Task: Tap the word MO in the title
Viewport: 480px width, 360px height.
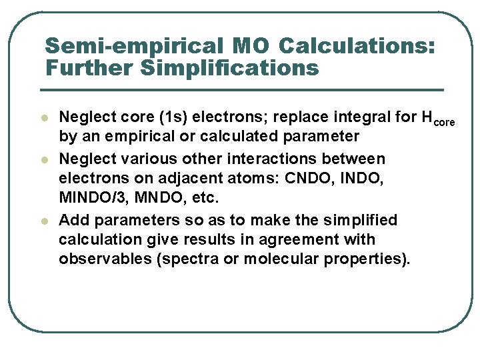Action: coord(251,47)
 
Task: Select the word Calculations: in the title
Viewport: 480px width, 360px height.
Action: coord(357,47)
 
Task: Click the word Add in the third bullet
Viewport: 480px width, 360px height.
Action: coord(72,220)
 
